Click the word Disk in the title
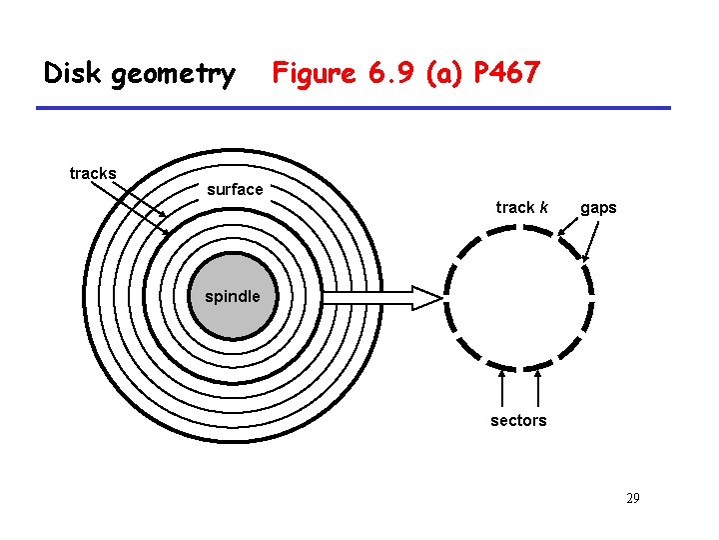coord(72,73)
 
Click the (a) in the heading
coord(443,73)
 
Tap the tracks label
coord(93,174)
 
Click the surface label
coord(235,189)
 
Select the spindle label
coord(233,296)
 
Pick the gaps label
coord(598,208)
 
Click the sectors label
coord(518,421)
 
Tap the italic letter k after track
coord(544,208)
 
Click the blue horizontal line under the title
coord(355,108)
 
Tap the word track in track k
coord(515,208)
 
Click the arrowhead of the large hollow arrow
coord(426,297)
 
